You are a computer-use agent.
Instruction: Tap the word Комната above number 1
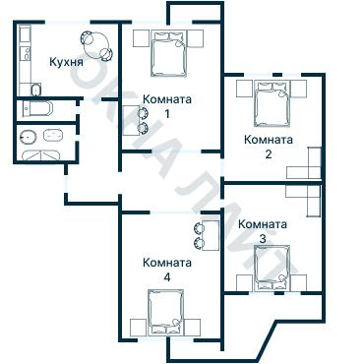point(166,99)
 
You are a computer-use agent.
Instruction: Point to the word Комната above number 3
point(263,223)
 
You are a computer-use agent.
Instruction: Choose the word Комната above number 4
point(166,263)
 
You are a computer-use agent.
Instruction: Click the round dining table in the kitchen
point(96,41)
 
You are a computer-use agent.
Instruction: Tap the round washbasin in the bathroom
point(30,137)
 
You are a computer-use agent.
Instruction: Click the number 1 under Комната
point(166,114)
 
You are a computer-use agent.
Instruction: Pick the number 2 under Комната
point(268,153)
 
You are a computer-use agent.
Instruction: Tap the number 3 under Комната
point(262,238)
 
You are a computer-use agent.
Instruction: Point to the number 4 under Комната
point(166,277)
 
